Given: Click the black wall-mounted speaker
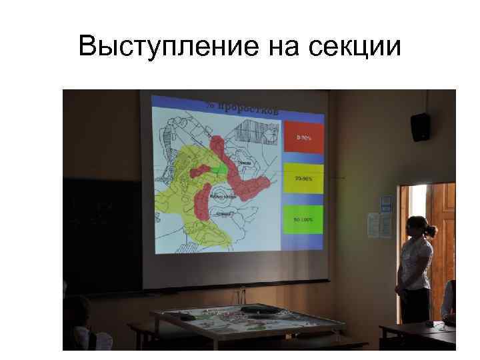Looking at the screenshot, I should tap(419, 127).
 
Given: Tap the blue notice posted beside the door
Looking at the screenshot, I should tap(385, 203).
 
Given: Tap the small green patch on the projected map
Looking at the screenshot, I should tap(219, 169).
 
